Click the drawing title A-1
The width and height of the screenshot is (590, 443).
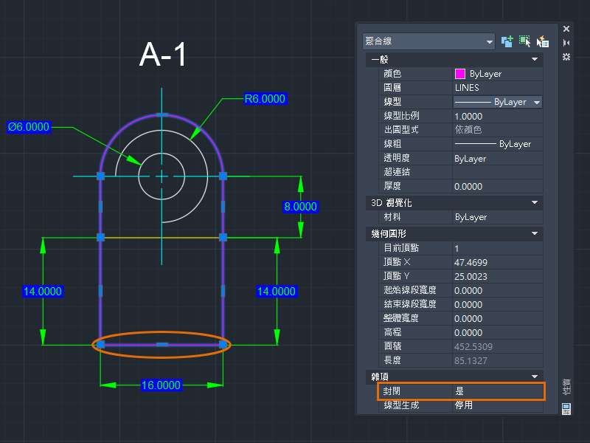(162, 55)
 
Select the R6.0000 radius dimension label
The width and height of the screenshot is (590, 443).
(265, 99)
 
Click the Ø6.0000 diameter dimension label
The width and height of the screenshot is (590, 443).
(29, 127)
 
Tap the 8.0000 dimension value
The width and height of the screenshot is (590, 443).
(300, 207)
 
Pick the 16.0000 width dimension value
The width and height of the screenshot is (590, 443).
(161, 385)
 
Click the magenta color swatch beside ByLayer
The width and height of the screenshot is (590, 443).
(459, 74)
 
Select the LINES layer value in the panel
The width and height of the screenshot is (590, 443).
(467, 88)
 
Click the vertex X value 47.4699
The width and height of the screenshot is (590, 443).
(471, 262)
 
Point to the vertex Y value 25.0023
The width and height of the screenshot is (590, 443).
(471, 276)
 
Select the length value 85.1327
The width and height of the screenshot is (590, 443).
(471, 360)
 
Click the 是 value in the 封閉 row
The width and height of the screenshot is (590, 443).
(459, 391)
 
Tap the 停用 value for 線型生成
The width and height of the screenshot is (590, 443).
(464, 405)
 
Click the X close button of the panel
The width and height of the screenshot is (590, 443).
(566, 29)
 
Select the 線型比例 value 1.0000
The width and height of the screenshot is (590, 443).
(468, 116)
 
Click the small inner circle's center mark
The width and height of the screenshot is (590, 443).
(162, 176)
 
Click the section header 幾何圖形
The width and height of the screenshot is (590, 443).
(389, 233)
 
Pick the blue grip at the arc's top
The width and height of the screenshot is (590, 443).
(162, 114)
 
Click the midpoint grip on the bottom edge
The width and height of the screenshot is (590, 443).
(162, 344)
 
